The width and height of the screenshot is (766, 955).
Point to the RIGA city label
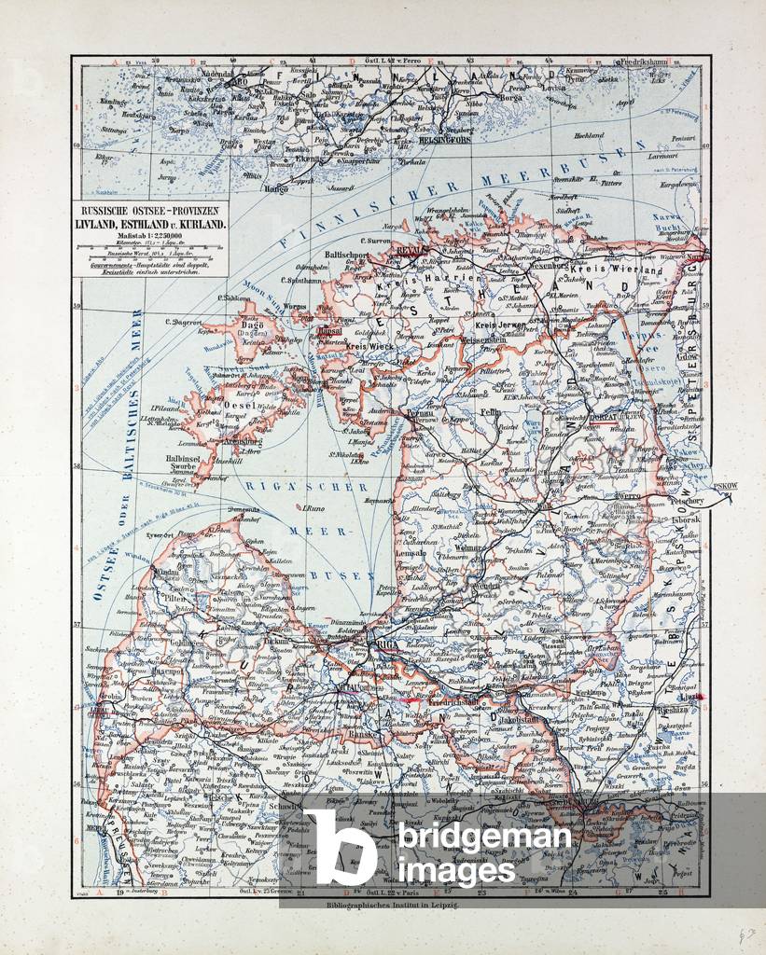[x=384, y=645]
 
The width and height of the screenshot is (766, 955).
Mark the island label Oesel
[x=243, y=407]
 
